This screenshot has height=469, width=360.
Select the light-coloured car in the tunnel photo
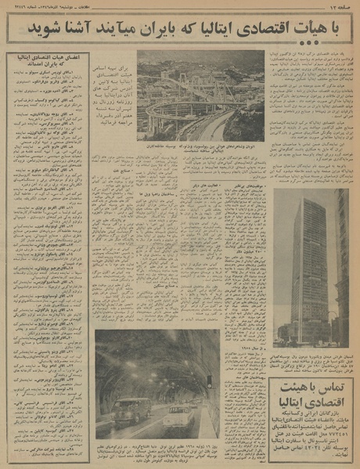click(179, 416)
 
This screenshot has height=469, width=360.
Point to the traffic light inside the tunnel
click(209, 382)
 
